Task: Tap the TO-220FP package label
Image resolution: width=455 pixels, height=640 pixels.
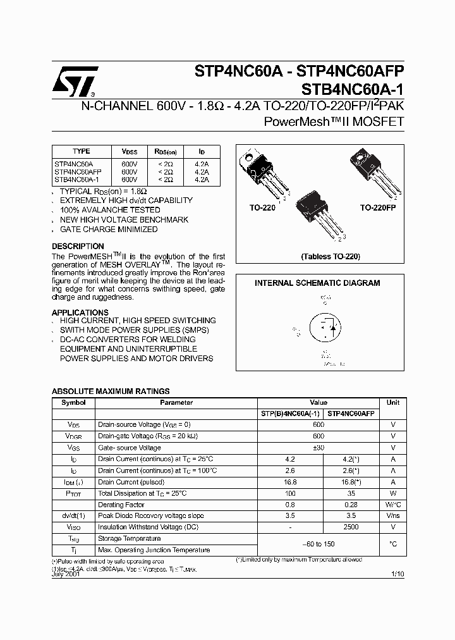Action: pos(378,207)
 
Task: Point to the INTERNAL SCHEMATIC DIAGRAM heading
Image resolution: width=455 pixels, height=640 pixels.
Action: pos(317,283)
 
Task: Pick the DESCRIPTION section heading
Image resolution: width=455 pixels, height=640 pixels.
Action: pos(78,246)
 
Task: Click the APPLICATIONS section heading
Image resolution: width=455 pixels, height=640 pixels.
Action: pos(80,312)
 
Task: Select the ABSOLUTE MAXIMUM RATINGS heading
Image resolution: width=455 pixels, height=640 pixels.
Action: pos(110,391)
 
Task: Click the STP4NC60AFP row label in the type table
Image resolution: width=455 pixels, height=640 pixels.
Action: pos(78,171)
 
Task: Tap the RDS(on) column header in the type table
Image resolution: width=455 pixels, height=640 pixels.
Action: pos(166,152)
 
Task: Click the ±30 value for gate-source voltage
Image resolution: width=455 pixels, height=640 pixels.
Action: pos(318,447)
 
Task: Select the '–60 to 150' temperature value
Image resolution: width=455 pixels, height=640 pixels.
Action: pos(318,544)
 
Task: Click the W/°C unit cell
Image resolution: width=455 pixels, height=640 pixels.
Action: pos(392,504)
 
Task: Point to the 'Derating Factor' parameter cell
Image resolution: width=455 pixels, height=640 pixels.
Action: pos(122,505)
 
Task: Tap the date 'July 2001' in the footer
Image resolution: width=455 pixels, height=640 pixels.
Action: pos(66,574)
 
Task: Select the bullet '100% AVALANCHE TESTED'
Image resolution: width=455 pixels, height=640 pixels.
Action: pos(110,209)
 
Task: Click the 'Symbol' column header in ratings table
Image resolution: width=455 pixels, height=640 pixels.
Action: pos(73,402)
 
